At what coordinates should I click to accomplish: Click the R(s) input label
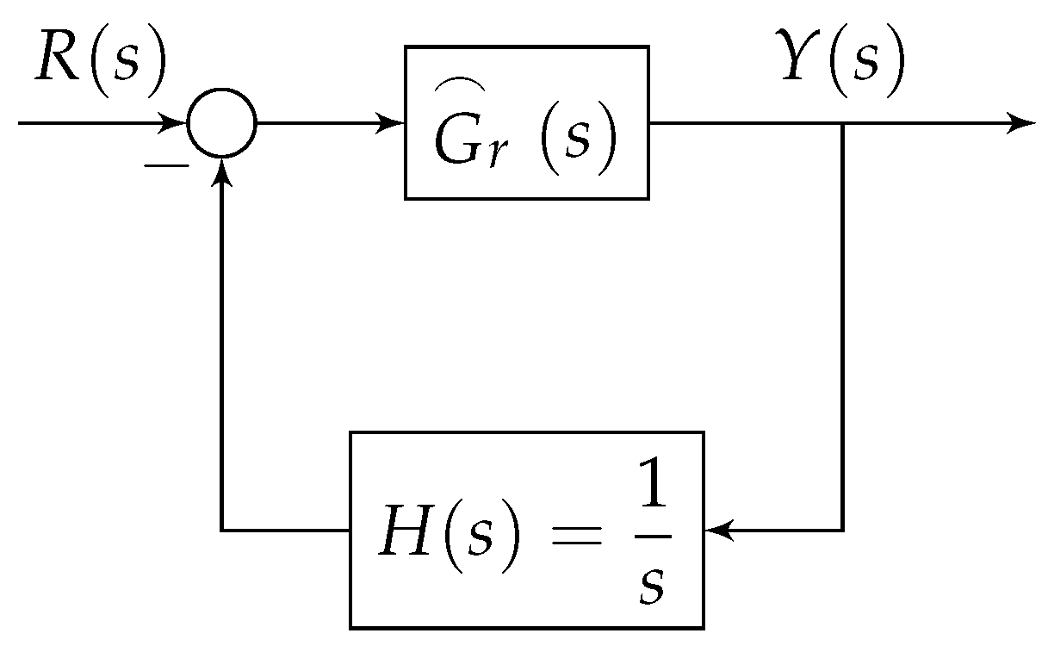tap(99, 66)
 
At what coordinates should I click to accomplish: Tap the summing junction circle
tap(222, 123)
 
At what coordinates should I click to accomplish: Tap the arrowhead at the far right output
tap(1023, 123)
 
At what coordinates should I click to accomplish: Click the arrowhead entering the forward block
tap(395, 123)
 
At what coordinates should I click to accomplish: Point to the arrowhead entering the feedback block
tap(716, 531)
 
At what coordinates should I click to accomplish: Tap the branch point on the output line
tap(842, 123)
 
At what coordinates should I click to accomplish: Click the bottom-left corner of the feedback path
tap(222, 531)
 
